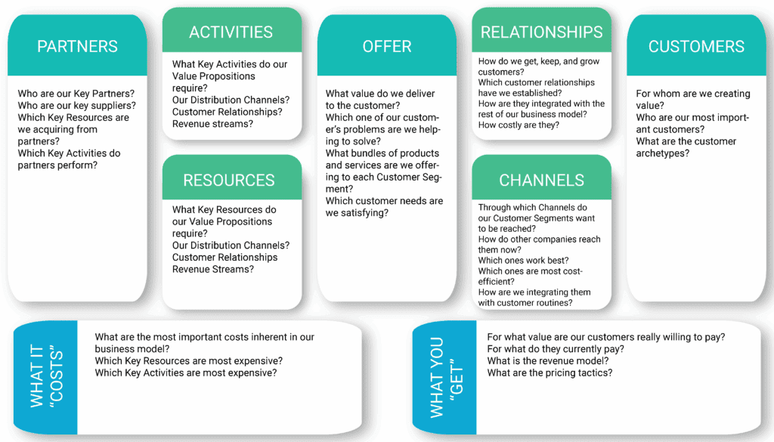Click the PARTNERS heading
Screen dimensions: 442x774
coord(77,47)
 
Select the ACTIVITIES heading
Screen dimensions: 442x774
coord(231,32)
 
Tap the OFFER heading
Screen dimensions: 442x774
coord(386,47)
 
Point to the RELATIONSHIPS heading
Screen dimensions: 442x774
coord(542,32)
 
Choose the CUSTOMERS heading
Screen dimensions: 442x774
coord(696,47)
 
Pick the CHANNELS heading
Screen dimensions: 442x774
coord(541,180)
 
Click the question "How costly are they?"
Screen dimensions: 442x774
coord(519,125)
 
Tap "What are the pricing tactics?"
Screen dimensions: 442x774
coord(550,373)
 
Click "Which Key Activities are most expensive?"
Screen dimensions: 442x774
coord(186,373)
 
